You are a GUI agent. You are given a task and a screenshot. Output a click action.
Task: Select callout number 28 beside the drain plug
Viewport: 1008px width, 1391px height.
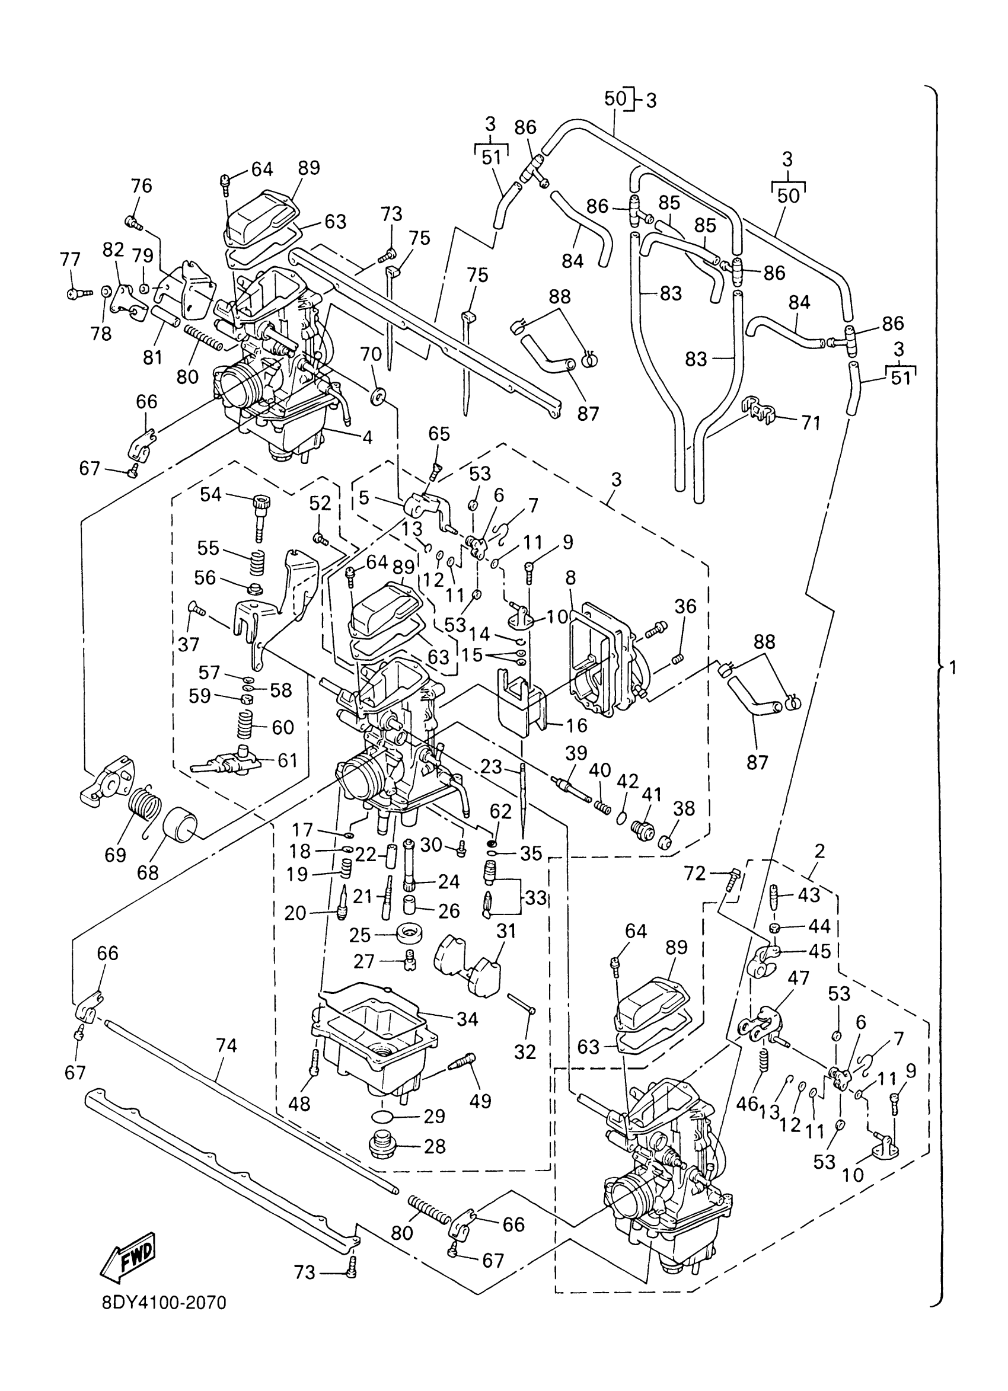[x=435, y=1146]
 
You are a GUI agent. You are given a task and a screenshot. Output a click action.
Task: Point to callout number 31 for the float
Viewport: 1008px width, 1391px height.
[x=507, y=932]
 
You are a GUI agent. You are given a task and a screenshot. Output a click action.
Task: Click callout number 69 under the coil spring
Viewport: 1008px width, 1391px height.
[x=116, y=855]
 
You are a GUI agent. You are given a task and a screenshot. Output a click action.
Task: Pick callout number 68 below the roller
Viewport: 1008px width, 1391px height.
[x=148, y=872]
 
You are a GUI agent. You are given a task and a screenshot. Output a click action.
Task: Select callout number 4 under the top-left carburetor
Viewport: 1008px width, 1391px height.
[x=367, y=437]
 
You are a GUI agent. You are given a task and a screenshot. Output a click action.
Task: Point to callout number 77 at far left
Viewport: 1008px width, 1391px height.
[x=71, y=260]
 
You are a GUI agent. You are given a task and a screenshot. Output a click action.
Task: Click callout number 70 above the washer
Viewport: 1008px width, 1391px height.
[x=371, y=354]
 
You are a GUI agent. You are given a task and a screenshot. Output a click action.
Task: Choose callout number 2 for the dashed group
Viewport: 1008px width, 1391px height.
[x=819, y=850]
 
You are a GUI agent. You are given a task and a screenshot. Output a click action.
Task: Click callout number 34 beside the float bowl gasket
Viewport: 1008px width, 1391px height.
[x=467, y=1019]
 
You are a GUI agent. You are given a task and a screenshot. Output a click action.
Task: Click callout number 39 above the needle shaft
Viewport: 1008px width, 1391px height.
[x=577, y=753]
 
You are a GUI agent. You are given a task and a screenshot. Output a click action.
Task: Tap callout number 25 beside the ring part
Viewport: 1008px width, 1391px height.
[x=360, y=935]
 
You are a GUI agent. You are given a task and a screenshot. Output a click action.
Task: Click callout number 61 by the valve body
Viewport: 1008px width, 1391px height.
[x=287, y=760]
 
